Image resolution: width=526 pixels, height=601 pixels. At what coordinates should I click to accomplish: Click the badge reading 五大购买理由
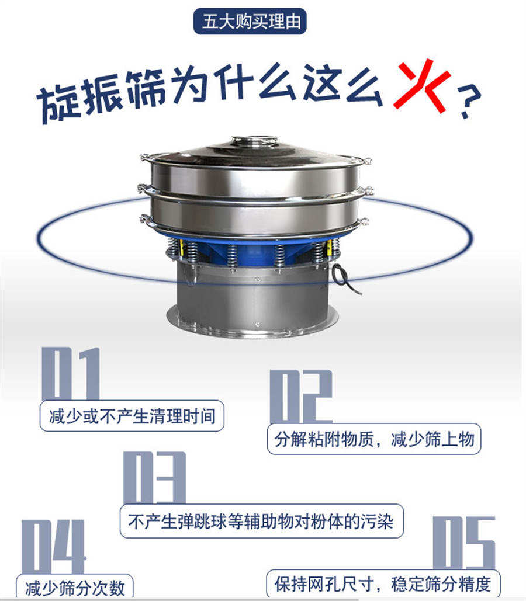(x=250, y=22)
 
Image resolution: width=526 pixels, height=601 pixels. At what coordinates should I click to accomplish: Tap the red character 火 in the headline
(x=421, y=86)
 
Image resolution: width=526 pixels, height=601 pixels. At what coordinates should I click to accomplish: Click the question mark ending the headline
(x=469, y=100)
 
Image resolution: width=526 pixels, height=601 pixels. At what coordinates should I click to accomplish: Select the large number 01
(x=71, y=373)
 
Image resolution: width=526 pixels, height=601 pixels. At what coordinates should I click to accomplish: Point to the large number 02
(x=300, y=397)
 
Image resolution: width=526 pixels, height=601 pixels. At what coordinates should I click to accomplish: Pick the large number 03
(x=155, y=478)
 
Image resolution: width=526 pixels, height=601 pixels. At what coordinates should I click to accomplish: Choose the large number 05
(x=464, y=543)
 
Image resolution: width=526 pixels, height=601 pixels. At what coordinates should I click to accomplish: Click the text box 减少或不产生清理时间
(x=132, y=416)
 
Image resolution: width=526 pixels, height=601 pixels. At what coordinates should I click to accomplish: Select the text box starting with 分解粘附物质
(x=373, y=439)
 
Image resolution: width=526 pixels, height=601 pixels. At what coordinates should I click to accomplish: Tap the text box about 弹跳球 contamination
(x=262, y=521)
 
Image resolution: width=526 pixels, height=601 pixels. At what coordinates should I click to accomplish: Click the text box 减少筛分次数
(x=74, y=586)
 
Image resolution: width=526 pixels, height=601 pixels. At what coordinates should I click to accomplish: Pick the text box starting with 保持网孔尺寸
(x=383, y=583)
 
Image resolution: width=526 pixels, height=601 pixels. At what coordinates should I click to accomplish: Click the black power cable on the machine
(x=346, y=279)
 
